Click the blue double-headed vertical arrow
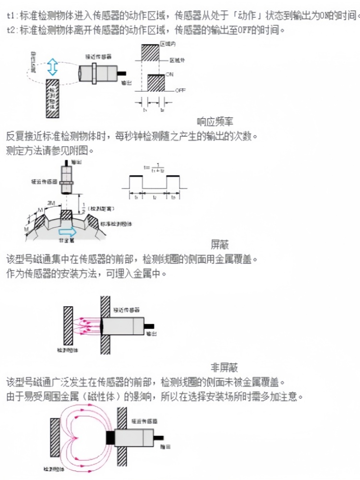coord(52,67)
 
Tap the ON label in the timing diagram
coord(169,75)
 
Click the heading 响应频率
coord(216,122)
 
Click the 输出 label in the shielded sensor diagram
coord(151,333)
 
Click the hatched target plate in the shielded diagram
coord(68,325)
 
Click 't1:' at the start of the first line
coord(12,16)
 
